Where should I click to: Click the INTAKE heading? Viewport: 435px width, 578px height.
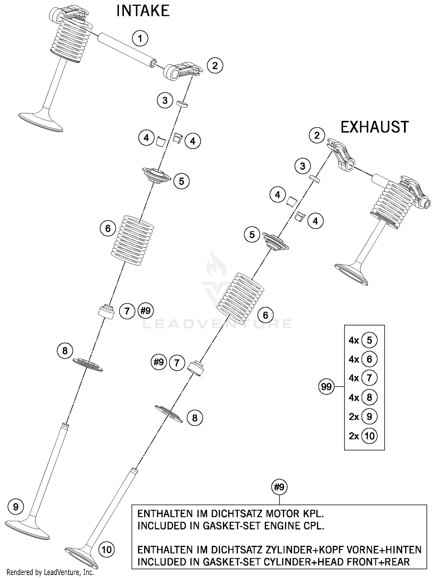[x=143, y=11]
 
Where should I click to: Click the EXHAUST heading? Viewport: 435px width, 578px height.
[x=374, y=127]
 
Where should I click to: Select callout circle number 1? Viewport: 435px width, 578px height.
[x=140, y=38]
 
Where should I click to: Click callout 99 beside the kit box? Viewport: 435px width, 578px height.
[x=326, y=386]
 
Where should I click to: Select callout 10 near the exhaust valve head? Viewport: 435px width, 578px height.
[x=107, y=549]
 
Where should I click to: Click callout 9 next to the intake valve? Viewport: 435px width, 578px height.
[x=16, y=507]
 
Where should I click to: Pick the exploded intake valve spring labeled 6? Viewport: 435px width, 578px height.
[x=133, y=240]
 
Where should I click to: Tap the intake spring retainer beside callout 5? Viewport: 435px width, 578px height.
[x=157, y=175]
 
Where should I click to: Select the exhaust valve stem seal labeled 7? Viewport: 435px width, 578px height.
[x=195, y=368]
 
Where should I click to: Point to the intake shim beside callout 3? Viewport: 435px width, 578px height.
[x=182, y=103]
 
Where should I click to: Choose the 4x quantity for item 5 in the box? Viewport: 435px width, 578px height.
[x=354, y=340]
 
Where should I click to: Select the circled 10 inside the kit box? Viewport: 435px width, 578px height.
[x=369, y=436]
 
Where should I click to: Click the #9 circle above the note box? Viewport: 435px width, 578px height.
[x=279, y=487]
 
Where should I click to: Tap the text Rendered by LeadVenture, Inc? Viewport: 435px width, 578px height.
[x=50, y=572]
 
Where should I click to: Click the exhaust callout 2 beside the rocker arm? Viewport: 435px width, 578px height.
[x=317, y=135]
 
